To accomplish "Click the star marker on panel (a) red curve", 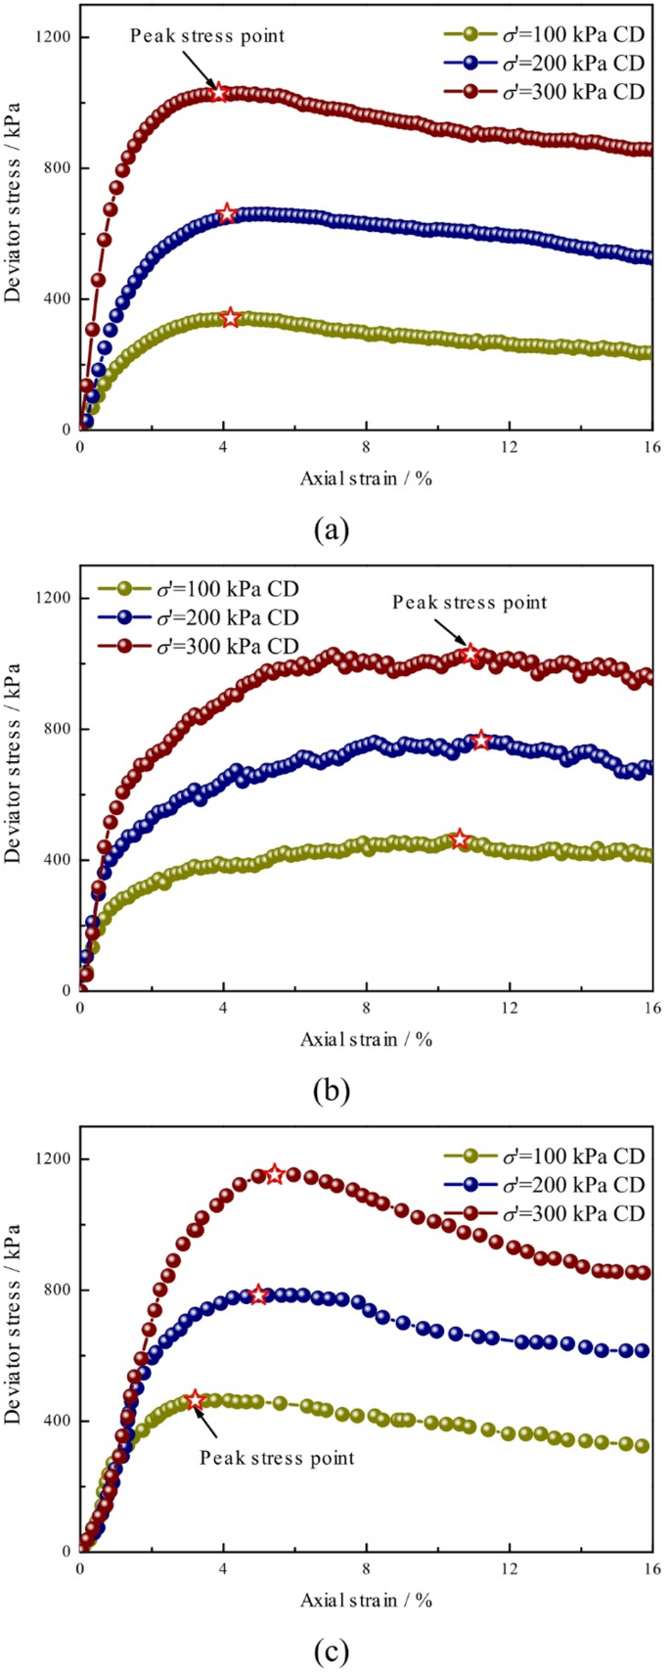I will (x=219, y=93).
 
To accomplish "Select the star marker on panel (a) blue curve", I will (x=227, y=213).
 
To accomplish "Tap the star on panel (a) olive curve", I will (x=230, y=318).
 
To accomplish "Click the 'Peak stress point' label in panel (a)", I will (x=207, y=36).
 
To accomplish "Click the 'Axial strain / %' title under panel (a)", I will (x=366, y=478).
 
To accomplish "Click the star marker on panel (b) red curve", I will (x=470, y=654).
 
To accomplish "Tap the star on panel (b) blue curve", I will (x=480, y=740).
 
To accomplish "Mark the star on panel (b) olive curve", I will (x=460, y=839).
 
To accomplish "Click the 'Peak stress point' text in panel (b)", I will (x=469, y=603).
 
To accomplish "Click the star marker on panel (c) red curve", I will (x=275, y=1174).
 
